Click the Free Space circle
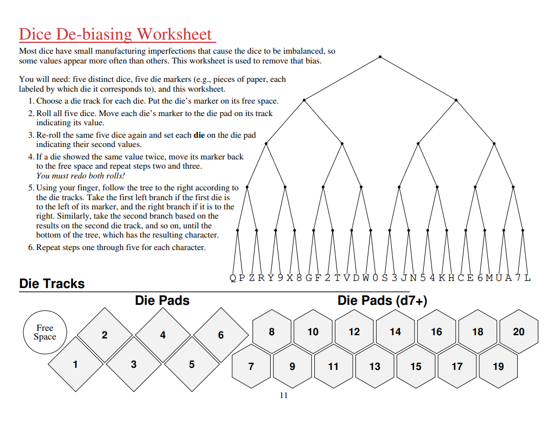[x=44, y=332]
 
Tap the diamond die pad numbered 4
[x=162, y=335]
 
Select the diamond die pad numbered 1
[x=75, y=364]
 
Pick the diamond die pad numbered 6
[x=220, y=335]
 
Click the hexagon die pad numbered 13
[x=374, y=366]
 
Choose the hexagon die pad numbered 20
[x=519, y=331]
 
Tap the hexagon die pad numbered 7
[x=251, y=366]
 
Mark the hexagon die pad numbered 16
[x=436, y=331]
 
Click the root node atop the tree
[x=380, y=56]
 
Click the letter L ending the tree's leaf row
[x=527, y=278]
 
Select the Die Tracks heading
[x=52, y=284]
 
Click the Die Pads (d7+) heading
[x=382, y=300]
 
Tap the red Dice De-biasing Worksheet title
[x=116, y=34]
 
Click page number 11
[x=283, y=395]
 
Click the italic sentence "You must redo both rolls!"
[x=80, y=176]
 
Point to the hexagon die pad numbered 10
[x=313, y=331]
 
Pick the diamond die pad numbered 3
[x=133, y=364]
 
